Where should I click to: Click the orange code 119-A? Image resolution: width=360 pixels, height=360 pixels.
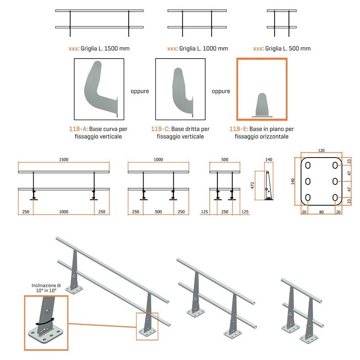point(77,129)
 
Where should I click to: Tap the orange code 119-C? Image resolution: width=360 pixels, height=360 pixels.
point(160,129)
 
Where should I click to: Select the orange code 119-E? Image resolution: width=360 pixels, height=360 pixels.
point(238,129)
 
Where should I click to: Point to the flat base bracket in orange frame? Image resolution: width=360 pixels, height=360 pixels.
point(262,106)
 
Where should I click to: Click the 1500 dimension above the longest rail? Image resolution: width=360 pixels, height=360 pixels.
point(63,159)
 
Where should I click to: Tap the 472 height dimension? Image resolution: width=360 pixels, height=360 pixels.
point(252,185)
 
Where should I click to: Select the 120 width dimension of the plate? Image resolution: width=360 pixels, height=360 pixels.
point(321,151)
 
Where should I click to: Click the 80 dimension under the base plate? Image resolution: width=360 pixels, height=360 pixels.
point(321,212)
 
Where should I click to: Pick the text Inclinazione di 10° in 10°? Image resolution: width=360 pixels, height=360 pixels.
point(46,288)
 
